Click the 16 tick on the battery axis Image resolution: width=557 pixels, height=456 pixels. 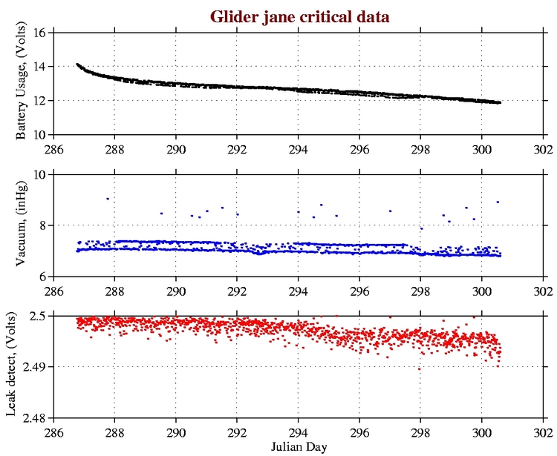41,33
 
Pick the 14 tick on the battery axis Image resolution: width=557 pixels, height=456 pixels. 41,67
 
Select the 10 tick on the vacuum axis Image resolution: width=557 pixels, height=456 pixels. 41,174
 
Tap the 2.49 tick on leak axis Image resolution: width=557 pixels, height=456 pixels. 36,367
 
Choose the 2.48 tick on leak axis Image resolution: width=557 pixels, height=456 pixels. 36,418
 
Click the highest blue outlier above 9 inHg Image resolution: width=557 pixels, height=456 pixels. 108,199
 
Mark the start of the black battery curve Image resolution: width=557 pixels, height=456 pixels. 77,65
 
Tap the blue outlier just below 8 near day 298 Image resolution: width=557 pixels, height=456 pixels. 421,228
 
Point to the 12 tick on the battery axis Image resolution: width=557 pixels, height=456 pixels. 41,101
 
